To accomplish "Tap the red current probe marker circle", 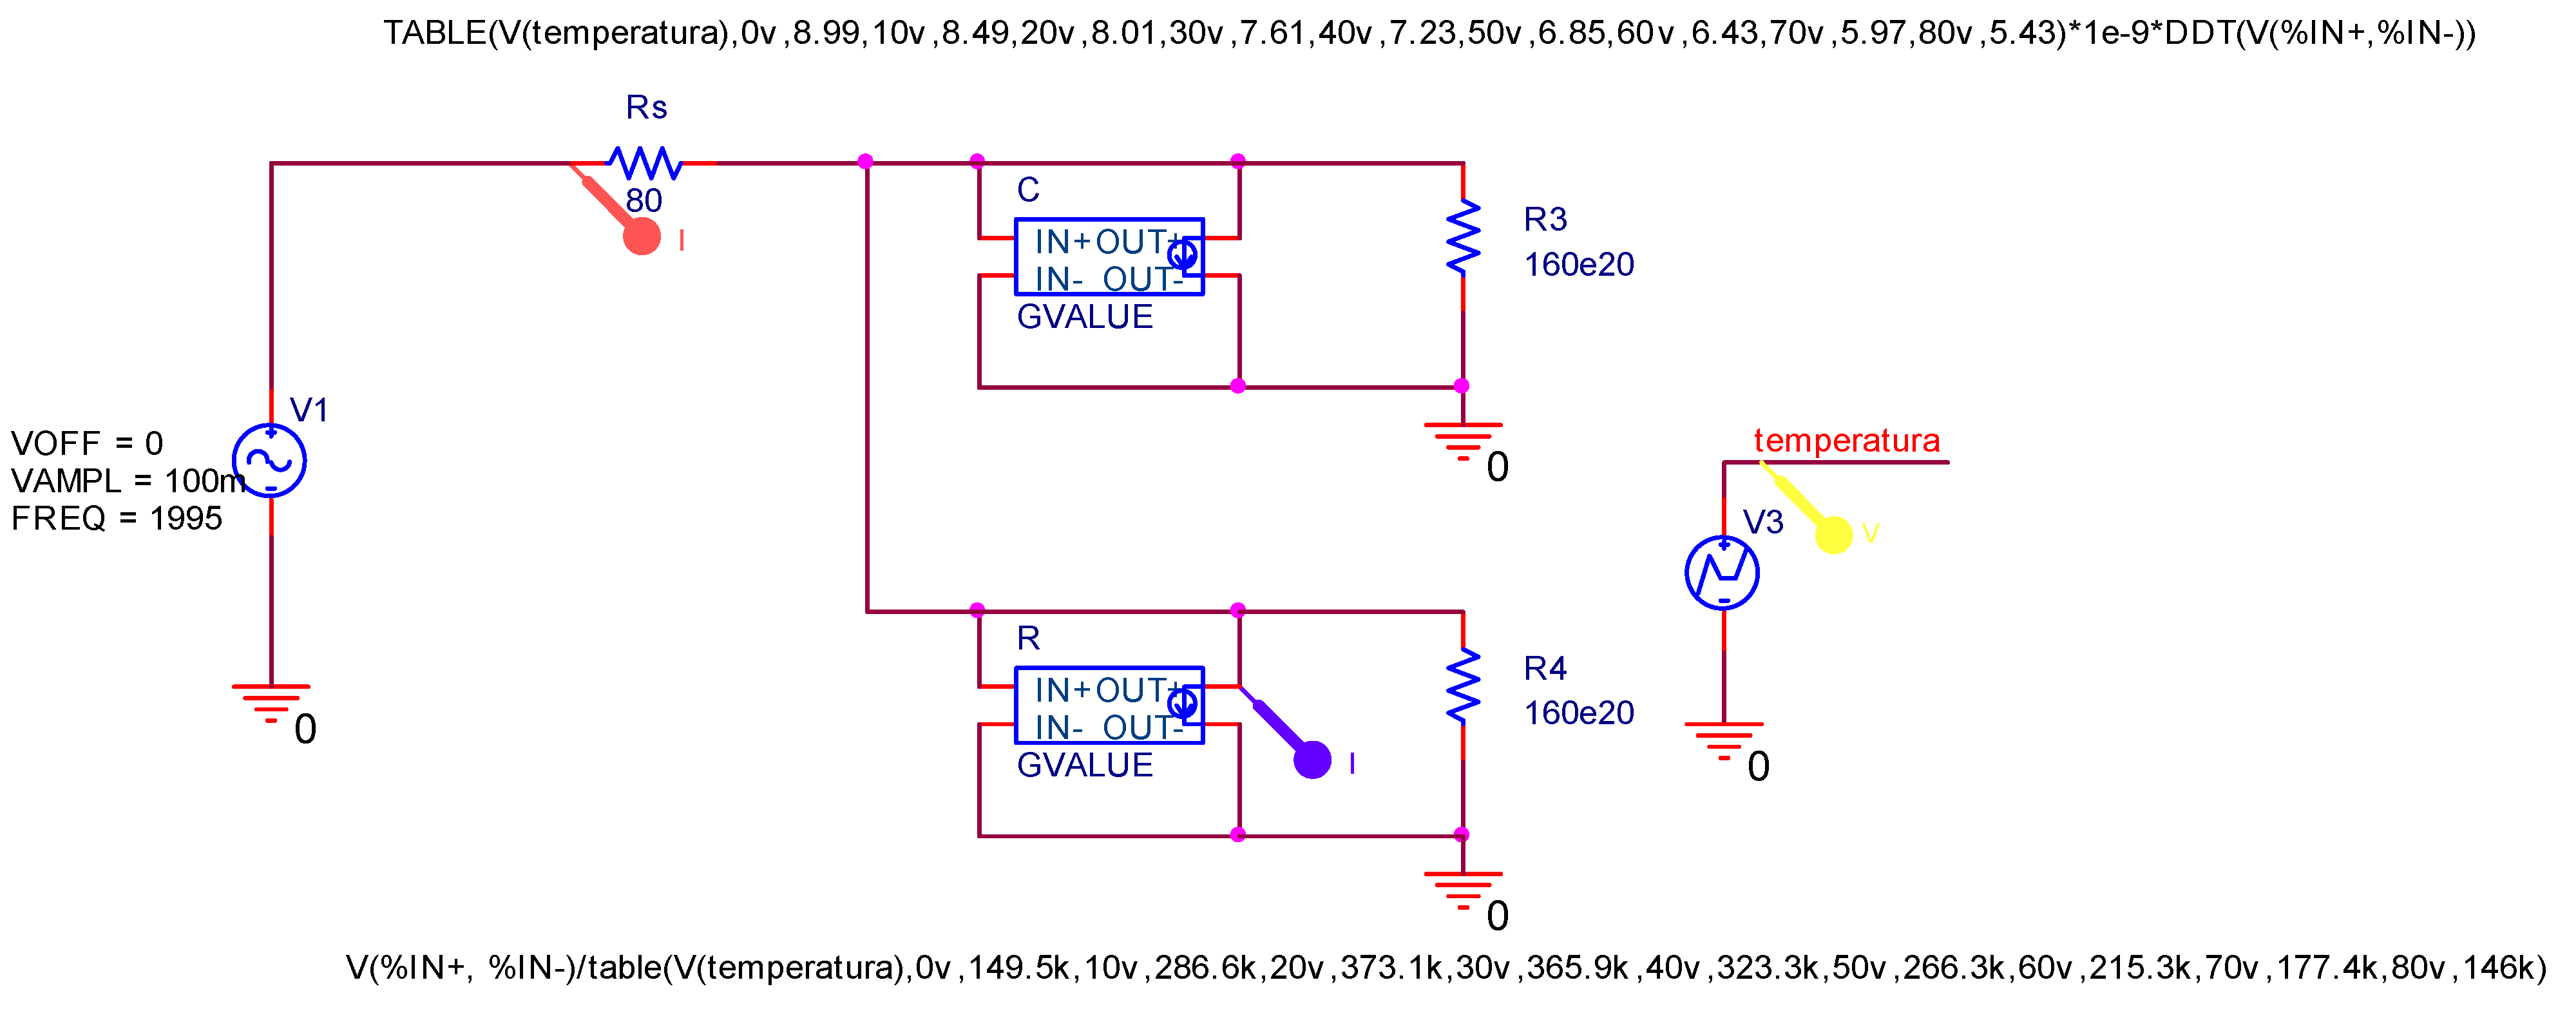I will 642,236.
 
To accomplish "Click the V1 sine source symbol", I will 269,461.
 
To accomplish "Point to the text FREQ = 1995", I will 116,519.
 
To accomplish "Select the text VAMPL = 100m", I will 127,481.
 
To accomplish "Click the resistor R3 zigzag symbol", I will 1463,236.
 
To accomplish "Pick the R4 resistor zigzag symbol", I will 1463,686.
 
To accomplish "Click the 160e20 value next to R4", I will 1578,713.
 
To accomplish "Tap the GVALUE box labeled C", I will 1108,257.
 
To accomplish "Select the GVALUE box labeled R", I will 1108,705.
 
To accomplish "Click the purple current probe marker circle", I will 1312,760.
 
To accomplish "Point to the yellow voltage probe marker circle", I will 1833,534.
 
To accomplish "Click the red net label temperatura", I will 1846,440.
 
